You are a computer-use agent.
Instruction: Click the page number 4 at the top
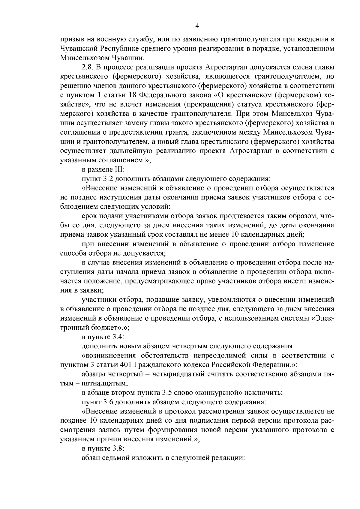coord(197,26)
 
